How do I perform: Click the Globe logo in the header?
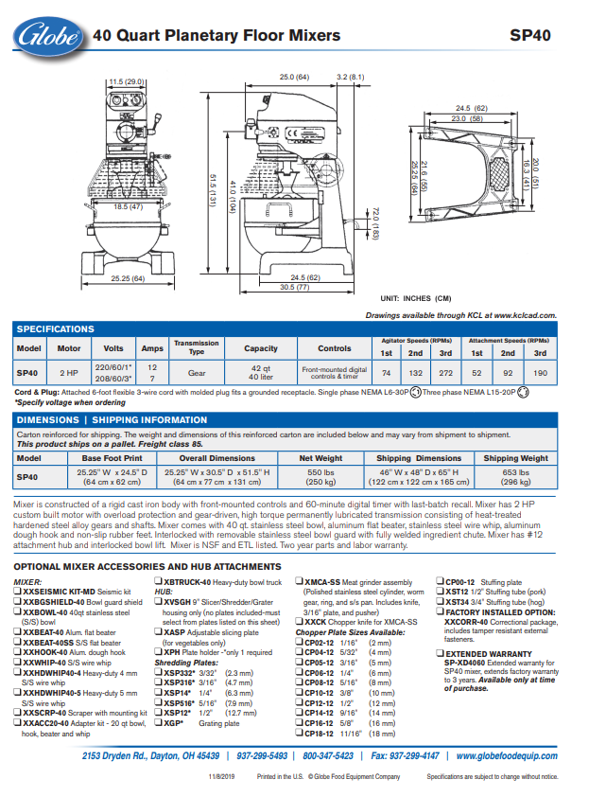click(x=47, y=35)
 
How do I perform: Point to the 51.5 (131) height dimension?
click(x=214, y=181)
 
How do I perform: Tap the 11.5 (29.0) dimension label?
click(x=126, y=81)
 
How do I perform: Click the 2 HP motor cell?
click(x=69, y=372)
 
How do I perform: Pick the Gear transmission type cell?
click(x=196, y=372)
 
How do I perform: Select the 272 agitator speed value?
click(x=445, y=372)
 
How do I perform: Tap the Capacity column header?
click(x=261, y=347)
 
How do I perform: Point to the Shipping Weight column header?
click(x=515, y=458)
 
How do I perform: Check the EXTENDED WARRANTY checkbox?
click(x=441, y=653)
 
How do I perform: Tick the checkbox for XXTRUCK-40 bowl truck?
click(x=159, y=582)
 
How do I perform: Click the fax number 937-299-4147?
click(x=405, y=755)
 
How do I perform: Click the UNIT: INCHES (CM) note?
click(x=415, y=297)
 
